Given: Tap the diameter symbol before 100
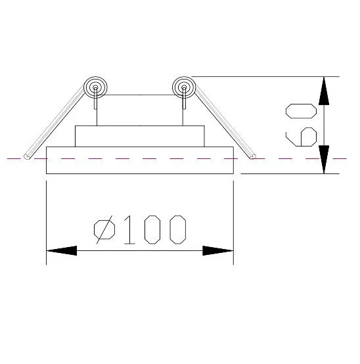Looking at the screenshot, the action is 104,229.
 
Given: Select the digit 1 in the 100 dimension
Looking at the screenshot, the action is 129,229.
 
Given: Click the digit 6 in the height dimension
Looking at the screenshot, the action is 301,137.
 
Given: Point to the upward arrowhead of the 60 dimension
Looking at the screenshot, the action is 324,91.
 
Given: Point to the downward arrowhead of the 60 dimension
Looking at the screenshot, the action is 324,160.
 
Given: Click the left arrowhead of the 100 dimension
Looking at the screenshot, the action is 62,251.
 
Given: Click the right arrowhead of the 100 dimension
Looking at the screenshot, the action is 218,251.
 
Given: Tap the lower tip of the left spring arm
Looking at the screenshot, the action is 27,157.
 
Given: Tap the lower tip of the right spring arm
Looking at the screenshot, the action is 253,156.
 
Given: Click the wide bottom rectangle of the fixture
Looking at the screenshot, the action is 140,160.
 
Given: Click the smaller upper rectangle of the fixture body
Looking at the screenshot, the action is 140,136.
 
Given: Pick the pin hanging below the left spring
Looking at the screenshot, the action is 95,98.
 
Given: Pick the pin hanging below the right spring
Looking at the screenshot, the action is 184,98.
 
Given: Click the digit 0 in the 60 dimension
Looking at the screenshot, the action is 301,111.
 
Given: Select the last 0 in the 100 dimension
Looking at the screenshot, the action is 178,229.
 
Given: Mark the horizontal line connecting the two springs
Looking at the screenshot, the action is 139,95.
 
